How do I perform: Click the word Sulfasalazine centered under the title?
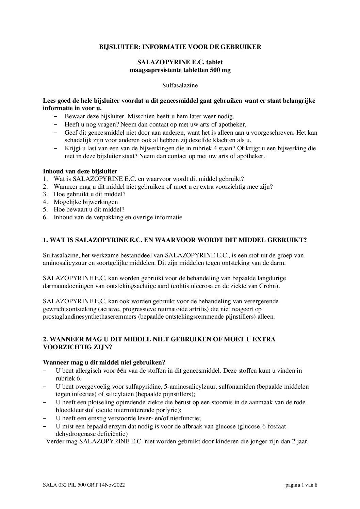tap(180, 85)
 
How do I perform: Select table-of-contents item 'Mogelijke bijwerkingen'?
tap(86, 202)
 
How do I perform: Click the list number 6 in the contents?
tap(45, 217)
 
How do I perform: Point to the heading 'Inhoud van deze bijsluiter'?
tap(80, 171)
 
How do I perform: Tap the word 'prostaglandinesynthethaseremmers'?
tap(86, 317)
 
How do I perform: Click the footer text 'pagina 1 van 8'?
tap(301, 485)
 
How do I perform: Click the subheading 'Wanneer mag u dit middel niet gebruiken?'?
tap(104, 363)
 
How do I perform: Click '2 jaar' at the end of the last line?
tap(300, 442)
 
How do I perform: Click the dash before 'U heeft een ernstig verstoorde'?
tap(45, 418)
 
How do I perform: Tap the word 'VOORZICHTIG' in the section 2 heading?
tap(64, 347)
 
